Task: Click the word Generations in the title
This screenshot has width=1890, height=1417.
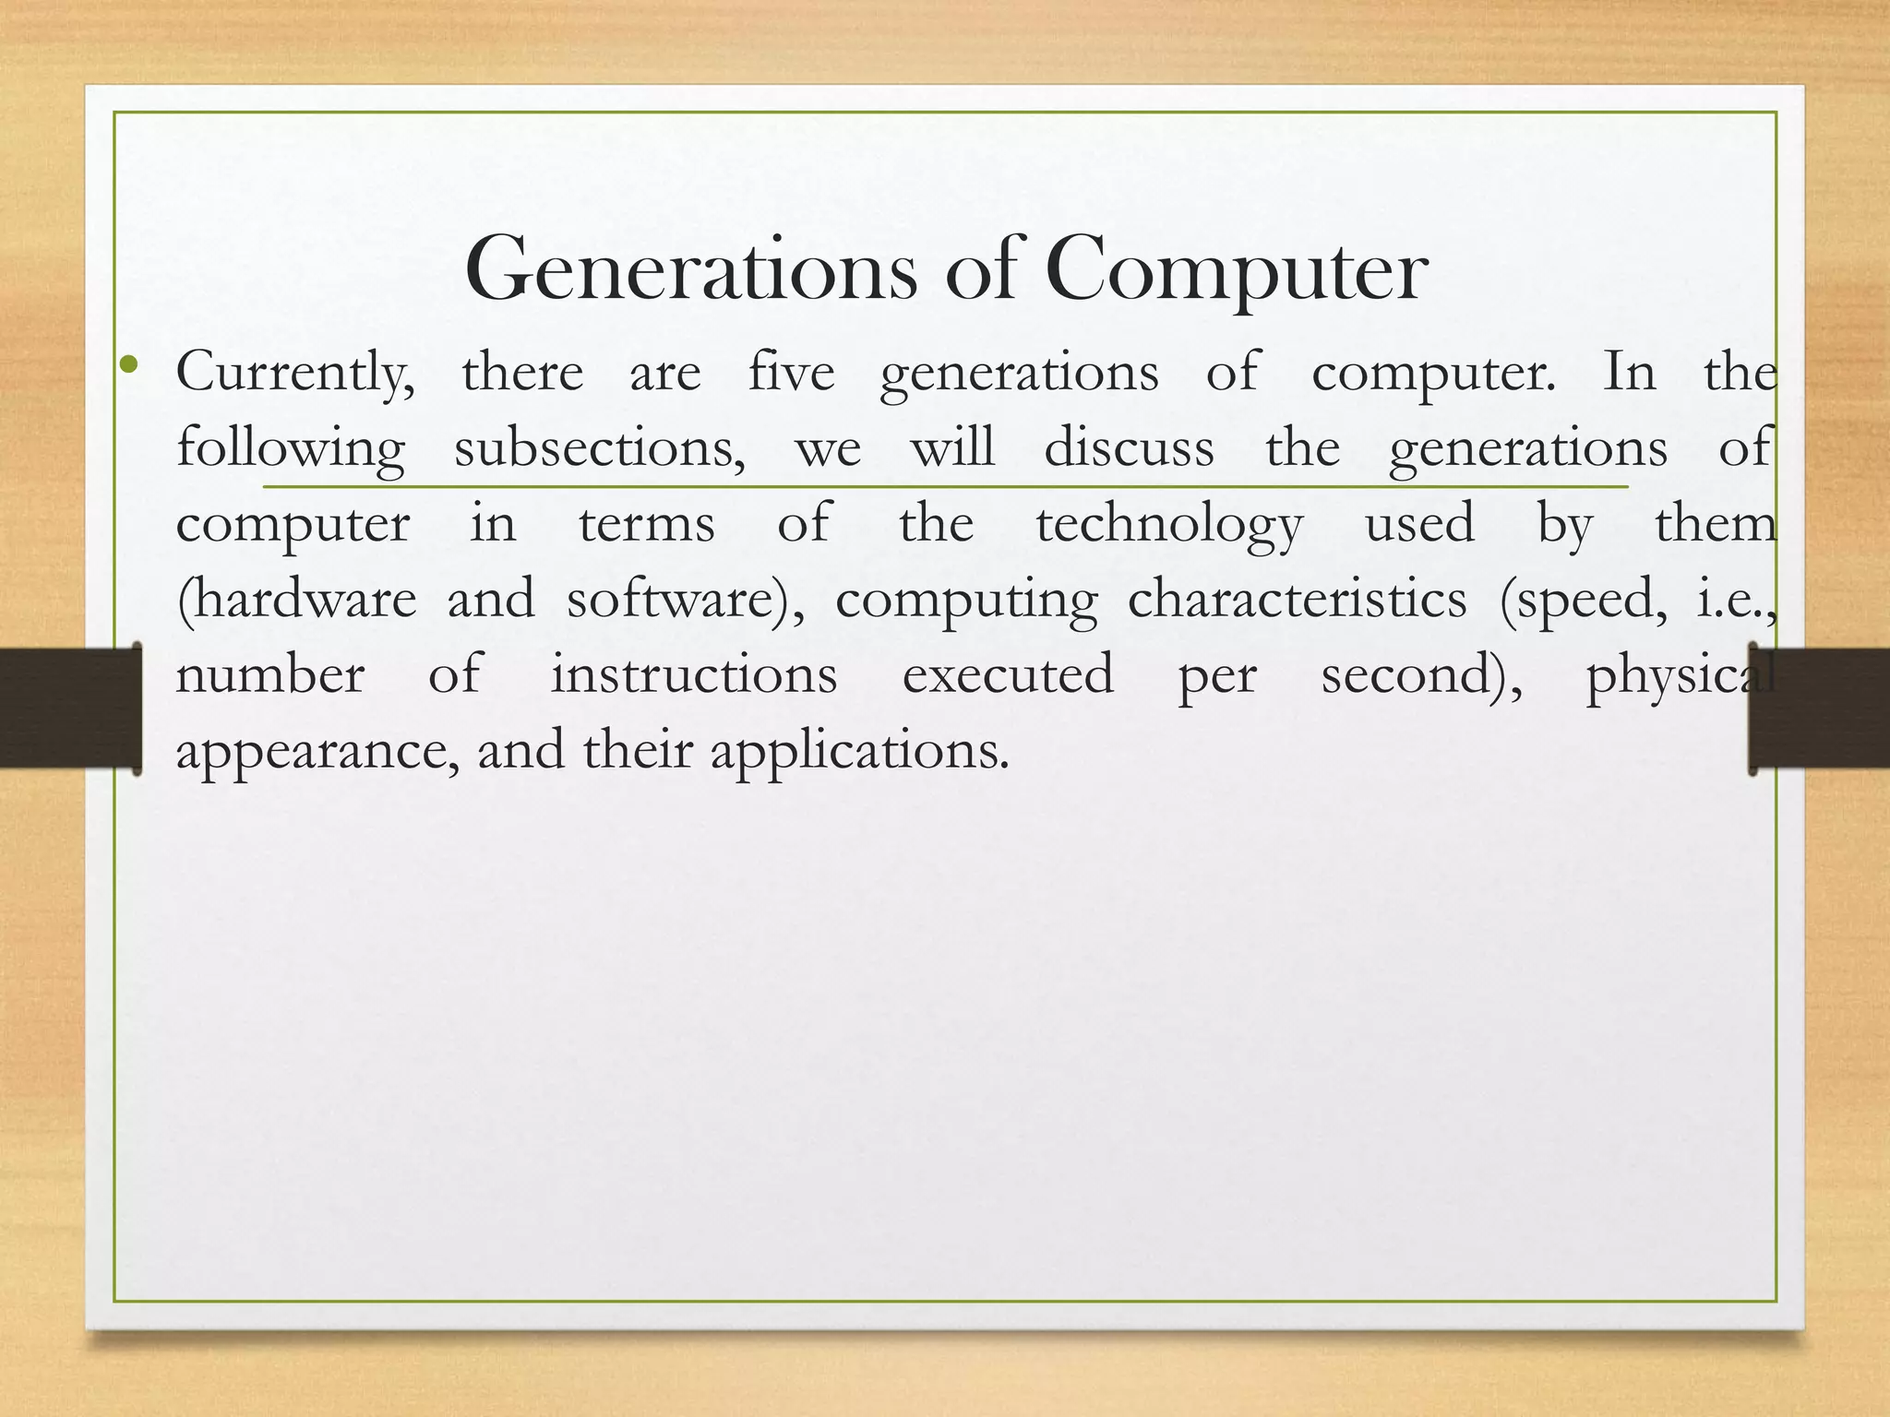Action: tap(691, 270)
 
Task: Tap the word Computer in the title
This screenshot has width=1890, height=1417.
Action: tap(1236, 270)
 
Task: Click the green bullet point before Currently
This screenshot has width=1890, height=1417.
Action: tap(128, 367)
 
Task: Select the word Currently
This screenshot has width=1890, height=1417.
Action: tap(295, 374)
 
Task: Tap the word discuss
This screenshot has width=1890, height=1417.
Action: tap(1129, 448)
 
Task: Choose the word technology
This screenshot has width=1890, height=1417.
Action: tap(1169, 526)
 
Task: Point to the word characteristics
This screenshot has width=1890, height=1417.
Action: tap(1297, 600)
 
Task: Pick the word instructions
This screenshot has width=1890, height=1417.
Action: tap(694, 675)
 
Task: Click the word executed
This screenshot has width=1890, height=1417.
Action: tap(1008, 675)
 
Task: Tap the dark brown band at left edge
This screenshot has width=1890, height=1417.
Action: tap(65, 708)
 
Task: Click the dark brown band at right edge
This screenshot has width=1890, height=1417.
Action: tap(1823, 708)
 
